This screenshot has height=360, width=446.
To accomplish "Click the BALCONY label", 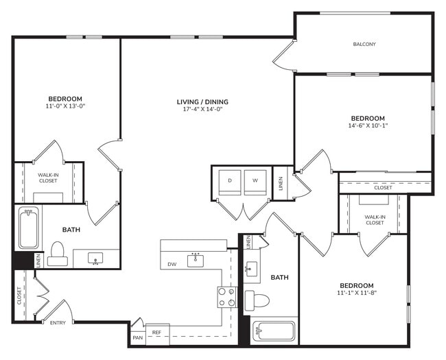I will click(364, 45).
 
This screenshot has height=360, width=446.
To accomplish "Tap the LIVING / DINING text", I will click(206, 102).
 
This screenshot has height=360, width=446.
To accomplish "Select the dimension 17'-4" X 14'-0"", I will click(206, 110).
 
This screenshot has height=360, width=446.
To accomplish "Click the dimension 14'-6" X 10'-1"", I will click(368, 125).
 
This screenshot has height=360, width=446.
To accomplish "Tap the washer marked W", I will click(255, 182).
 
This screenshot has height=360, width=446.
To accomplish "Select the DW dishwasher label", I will click(172, 264).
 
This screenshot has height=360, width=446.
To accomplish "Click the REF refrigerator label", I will click(156, 333).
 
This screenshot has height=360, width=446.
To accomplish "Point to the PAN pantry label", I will click(137, 337).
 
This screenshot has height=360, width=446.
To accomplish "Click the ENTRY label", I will click(58, 323).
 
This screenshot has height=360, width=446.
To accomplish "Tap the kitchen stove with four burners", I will click(227, 297).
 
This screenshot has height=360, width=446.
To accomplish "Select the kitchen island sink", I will click(197, 259).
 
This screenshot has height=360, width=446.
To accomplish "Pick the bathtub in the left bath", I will click(28, 228).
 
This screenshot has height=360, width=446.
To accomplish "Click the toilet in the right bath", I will click(257, 300).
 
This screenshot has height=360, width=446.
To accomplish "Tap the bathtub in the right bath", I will click(273, 331).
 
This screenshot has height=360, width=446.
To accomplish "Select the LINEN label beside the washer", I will click(281, 183).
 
